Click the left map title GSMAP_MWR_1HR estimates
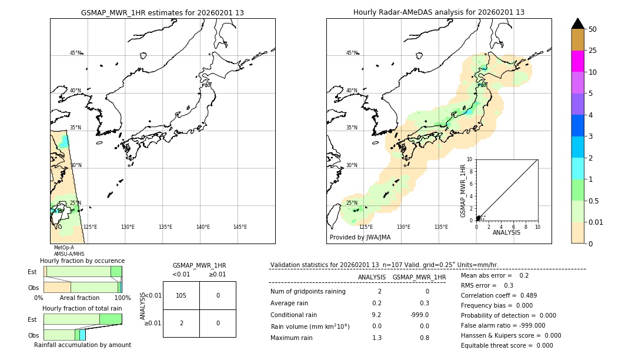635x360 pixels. click(x=162, y=12)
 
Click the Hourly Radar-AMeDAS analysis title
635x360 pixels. click(x=439, y=12)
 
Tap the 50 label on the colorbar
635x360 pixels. click(x=593, y=29)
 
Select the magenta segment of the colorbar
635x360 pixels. click(x=577, y=61)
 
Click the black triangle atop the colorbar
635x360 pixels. click(x=577, y=24)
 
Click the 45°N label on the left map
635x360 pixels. click(x=75, y=53)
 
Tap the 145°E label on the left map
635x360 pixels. click(x=240, y=227)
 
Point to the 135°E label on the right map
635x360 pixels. click(x=441, y=227)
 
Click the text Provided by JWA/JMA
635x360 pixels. click(x=360, y=238)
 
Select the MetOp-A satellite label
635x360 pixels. click(x=64, y=248)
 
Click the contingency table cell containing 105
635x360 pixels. click(x=181, y=295)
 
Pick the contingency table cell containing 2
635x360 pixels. click(x=181, y=323)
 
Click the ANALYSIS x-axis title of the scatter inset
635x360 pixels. click(x=506, y=232)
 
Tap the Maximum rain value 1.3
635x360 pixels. click(x=376, y=338)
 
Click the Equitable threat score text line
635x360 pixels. click(x=507, y=345)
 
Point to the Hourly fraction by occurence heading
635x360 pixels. click(x=82, y=261)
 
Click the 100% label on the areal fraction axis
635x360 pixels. click(x=122, y=298)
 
